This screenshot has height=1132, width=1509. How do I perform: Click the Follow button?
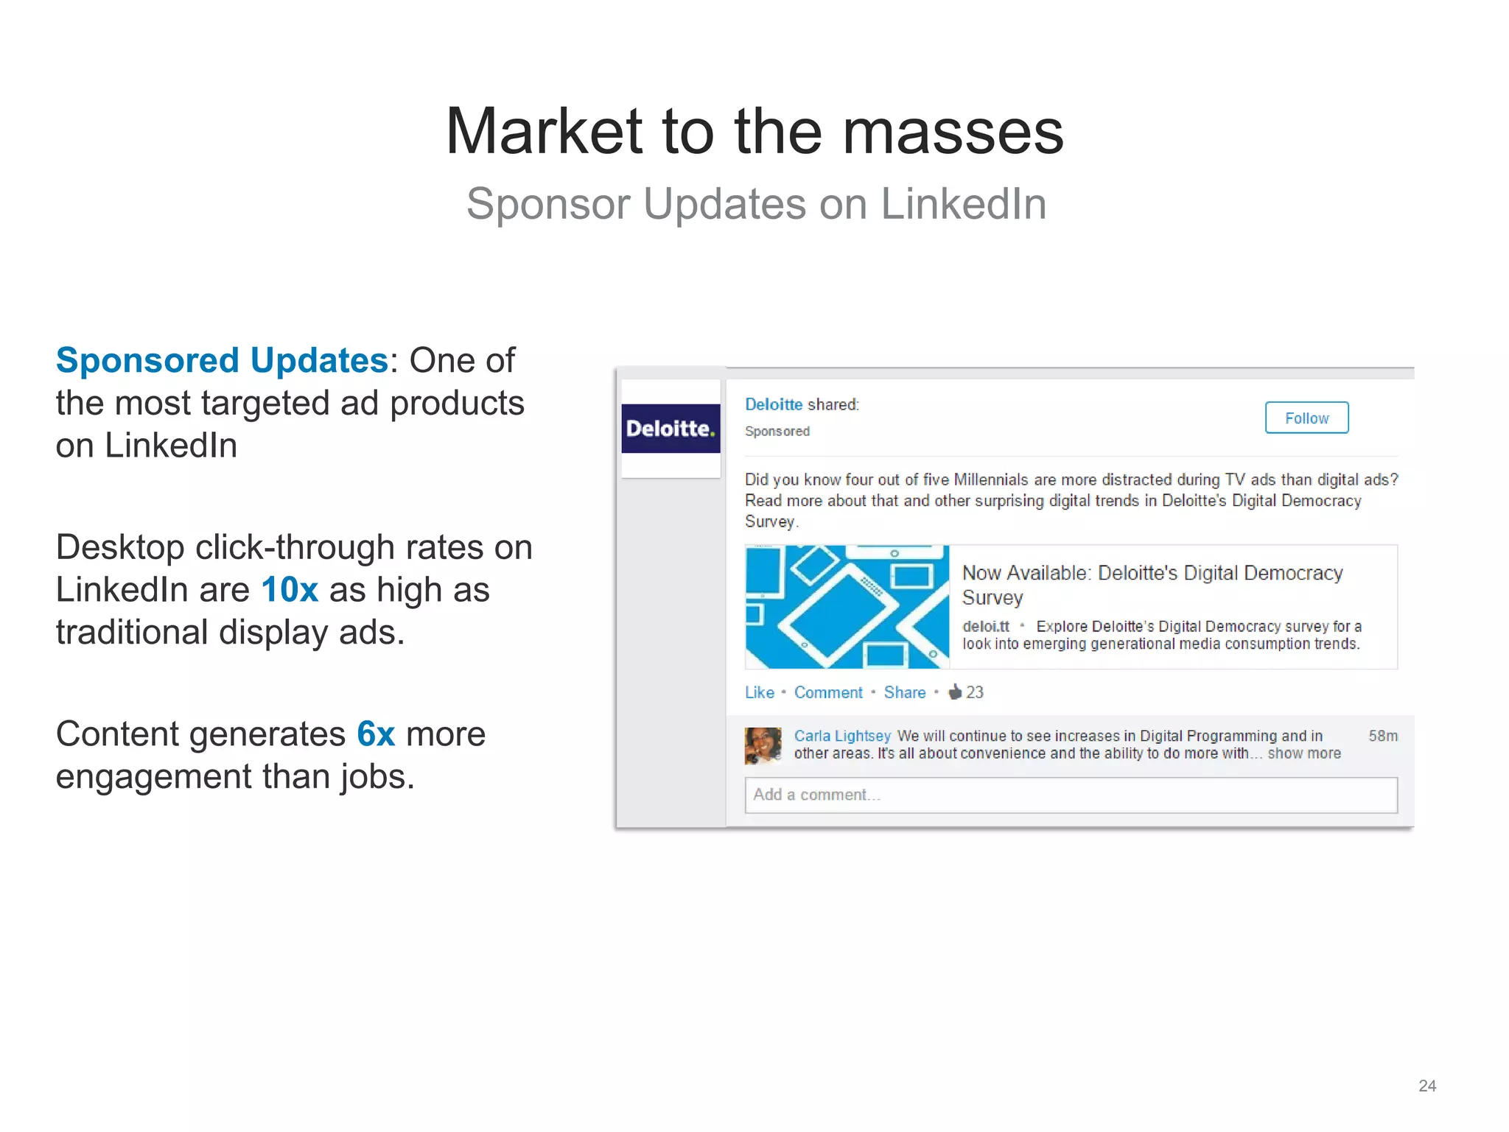coord(1306,418)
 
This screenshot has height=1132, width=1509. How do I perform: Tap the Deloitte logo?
coord(671,429)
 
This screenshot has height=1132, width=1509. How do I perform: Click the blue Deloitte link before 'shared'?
coord(773,404)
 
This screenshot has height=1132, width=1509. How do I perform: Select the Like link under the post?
coord(759,692)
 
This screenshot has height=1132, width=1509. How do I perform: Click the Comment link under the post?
coord(827,692)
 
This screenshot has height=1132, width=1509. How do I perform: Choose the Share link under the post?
coord(904,692)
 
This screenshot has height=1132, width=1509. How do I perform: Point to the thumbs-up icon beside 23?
coord(955,692)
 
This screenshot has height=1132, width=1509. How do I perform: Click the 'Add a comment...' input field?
coord(1071,795)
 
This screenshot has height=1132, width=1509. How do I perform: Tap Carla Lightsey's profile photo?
coord(763,745)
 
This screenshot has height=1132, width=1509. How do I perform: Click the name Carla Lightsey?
coord(842,736)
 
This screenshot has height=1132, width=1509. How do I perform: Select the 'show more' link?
coord(1303,753)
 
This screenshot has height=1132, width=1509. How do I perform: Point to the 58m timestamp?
coord(1382,736)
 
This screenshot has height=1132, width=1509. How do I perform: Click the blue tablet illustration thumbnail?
coord(847,607)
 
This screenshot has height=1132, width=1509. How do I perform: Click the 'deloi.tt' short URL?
coord(985,626)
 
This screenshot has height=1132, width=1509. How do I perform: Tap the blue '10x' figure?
coord(290,590)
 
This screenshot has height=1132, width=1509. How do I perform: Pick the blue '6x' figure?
coord(376,734)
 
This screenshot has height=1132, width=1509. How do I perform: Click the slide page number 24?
coord(1426,1086)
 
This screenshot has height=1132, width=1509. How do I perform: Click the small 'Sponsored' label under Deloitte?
coord(777,432)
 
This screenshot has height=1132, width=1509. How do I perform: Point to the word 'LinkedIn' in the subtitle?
coord(963,204)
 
